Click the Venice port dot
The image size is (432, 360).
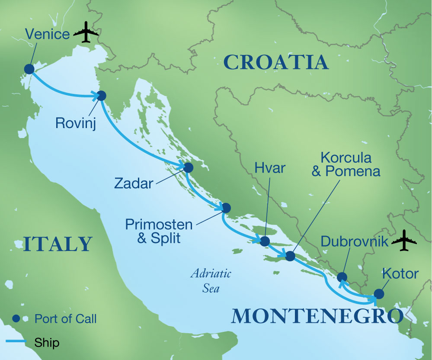[x=29, y=69]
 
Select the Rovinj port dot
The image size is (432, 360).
[x=101, y=96]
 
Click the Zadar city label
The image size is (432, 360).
[x=133, y=183]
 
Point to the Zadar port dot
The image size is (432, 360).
[x=188, y=167]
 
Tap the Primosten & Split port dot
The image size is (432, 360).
[x=226, y=207]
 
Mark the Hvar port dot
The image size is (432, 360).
[x=265, y=241]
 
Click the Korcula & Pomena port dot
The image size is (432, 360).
[x=290, y=256]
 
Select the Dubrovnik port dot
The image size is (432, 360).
[x=342, y=276]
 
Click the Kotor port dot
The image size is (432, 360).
[x=378, y=294]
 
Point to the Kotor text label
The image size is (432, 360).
[x=400, y=273]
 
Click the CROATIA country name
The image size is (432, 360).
[x=276, y=62]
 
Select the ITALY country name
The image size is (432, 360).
[x=58, y=244]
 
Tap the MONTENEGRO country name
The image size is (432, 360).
[x=317, y=316]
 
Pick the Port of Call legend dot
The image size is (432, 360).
[x=16, y=319]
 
